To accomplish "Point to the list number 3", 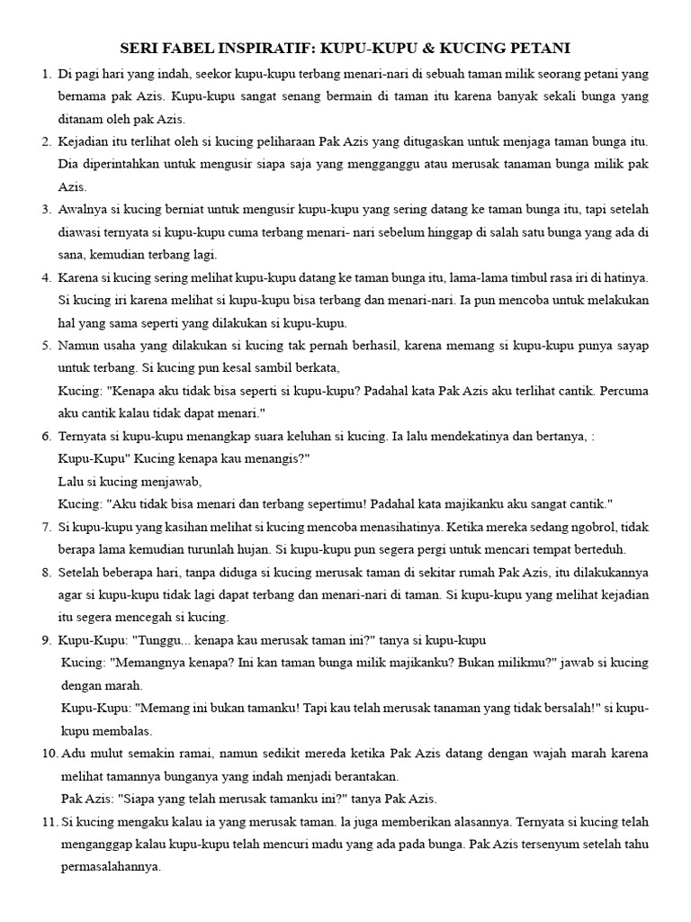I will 46,210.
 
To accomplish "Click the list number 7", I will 46,526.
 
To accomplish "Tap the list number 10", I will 49,753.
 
